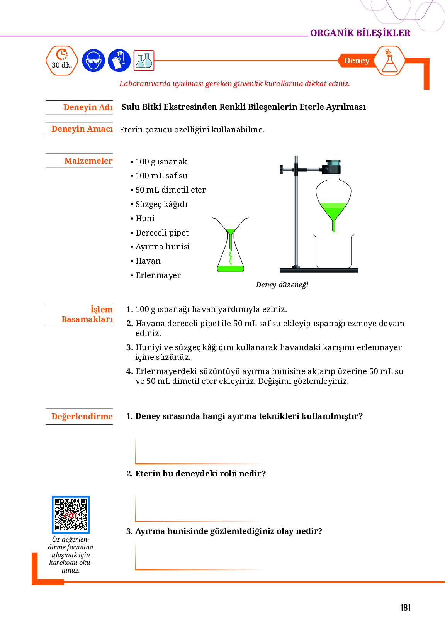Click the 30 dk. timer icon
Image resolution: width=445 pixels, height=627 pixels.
pos(62,61)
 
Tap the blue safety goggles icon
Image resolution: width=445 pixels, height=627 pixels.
pos(93,61)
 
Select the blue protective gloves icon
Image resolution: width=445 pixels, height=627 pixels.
pos(119,61)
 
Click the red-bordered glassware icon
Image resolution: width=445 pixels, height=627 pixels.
pos(144,61)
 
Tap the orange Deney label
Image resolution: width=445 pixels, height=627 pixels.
pos(357,61)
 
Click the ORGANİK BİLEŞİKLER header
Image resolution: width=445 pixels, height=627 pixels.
pos(360,33)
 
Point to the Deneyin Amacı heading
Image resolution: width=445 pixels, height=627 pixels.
pos(82,129)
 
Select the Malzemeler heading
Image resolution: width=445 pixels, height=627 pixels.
pos(88,161)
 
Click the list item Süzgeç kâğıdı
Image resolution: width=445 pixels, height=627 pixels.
pos(161,204)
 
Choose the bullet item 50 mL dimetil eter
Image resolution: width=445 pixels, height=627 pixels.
pos(170,190)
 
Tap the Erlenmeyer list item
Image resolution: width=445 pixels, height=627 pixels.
pos(158,275)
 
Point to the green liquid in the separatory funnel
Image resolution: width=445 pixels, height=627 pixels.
pos(333,210)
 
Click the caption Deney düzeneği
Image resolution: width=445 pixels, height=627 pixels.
pos(282,285)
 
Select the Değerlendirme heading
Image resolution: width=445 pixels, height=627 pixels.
pos(82,417)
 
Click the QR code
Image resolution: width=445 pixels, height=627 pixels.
pos(71,515)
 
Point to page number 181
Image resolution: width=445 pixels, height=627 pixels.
pos(405,608)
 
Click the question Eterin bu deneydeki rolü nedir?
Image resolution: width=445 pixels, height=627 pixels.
pos(200,474)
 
